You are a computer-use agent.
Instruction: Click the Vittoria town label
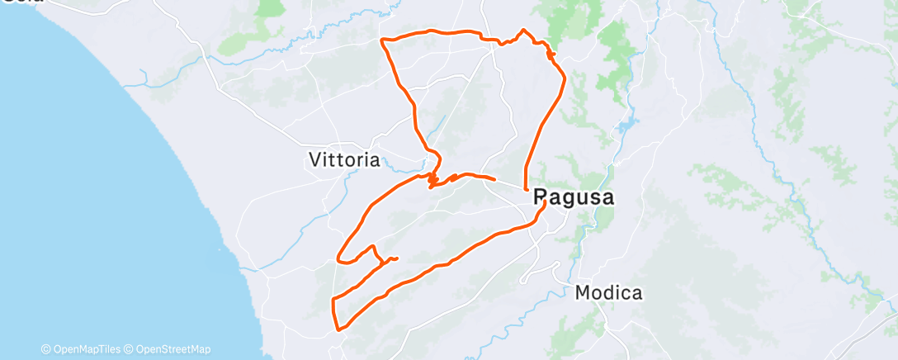point(343,159)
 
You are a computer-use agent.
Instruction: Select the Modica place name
point(608,292)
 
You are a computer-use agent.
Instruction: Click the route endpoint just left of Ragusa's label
point(526,190)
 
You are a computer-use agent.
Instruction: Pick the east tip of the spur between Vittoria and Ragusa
point(494,179)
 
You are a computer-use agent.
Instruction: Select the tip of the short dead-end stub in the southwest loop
point(397,258)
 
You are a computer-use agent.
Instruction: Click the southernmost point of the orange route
point(338,330)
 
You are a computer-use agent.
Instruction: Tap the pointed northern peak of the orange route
point(522,31)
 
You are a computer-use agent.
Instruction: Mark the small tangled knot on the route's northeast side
point(551,54)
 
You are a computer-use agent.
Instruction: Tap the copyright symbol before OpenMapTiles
point(45,349)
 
